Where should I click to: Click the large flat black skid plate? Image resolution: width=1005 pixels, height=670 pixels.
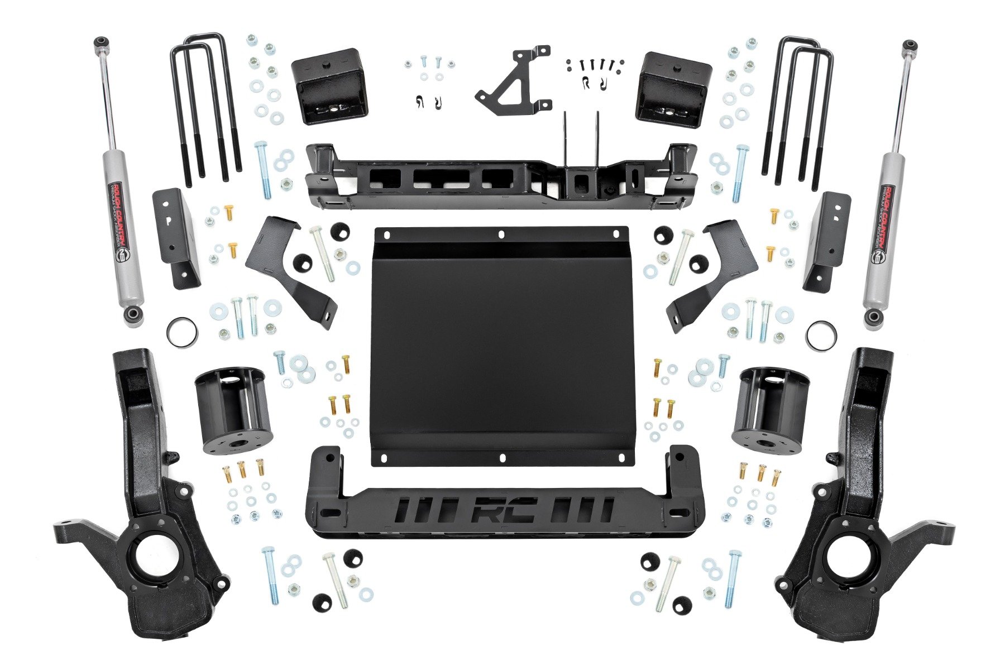(502, 346)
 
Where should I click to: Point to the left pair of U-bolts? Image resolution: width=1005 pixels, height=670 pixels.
(205, 106)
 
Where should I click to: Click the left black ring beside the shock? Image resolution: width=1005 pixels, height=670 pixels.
(182, 332)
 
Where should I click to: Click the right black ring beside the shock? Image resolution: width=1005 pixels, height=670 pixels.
(821, 336)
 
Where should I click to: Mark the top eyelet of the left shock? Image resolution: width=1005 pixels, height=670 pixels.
(101, 42)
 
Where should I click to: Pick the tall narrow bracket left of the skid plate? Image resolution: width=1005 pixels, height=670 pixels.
(176, 237)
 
